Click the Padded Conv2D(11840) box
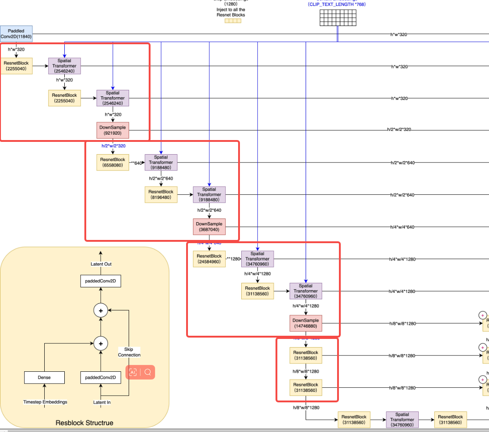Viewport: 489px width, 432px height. pyautogui.click(x=16, y=34)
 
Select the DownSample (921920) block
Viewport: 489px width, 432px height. pyautogui.click(x=113, y=130)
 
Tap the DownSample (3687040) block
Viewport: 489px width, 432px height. pyautogui.click(x=209, y=227)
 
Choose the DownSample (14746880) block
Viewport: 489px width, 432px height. pyautogui.click(x=306, y=323)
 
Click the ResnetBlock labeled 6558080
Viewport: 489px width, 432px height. pyautogui.click(x=113, y=162)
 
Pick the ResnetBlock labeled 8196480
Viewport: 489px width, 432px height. pyautogui.click(x=161, y=195)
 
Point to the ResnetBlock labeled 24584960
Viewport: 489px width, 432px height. pyautogui.click(x=209, y=259)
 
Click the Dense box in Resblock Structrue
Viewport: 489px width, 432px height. pyautogui.click(x=44, y=377)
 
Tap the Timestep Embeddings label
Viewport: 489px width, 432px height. pyautogui.click(x=45, y=402)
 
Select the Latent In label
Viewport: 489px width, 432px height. pyautogui.click(x=102, y=402)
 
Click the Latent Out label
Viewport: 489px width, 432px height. pyautogui.click(x=101, y=264)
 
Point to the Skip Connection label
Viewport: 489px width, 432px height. pyautogui.click(x=129, y=352)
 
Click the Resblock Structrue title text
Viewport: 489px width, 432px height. pyautogui.click(x=84, y=423)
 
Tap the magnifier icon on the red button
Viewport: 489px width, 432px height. pyautogui.click(x=148, y=372)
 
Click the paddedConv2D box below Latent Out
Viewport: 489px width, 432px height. pyautogui.click(x=101, y=281)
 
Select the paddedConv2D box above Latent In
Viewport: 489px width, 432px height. pyautogui.click(x=101, y=377)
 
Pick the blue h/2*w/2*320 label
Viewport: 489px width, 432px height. pyautogui.click(x=113, y=146)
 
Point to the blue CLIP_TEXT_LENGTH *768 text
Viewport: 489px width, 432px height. pyautogui.click(x=337, y=5)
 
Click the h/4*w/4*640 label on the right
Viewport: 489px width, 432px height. pyautogui.click(x=402, y=227)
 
